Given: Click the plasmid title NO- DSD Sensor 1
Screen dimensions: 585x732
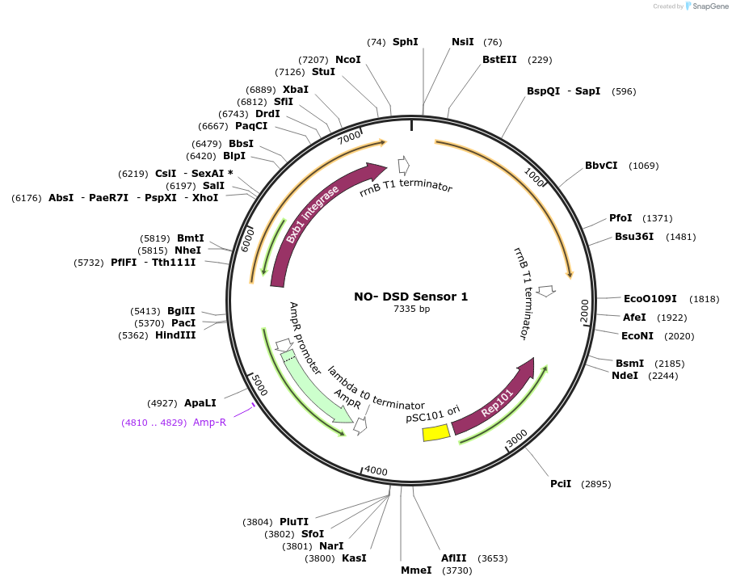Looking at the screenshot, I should pyautogui.click(x=410, y=297).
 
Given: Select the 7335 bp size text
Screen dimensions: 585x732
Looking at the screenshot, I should pyautogui.click(x=411, y=309).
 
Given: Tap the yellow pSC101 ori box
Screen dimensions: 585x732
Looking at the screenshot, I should pyautogui.click(x=436, y=433).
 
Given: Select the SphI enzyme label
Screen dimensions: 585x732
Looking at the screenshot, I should pyautogui.click(x=405, y=41).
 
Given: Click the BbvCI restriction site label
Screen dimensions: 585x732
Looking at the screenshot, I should pyautogui.click(x=601, y=166).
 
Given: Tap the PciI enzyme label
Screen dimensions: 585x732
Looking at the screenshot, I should pyautogui.click(x=561, y=484).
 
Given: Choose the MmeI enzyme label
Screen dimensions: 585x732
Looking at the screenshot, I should pyautogui.click(x=416, y=570).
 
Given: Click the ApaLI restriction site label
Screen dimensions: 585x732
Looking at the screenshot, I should pyautogui.click(x=200, y=402).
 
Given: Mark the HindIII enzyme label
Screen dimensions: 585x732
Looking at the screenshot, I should pyautogui.click(x=175, y=335).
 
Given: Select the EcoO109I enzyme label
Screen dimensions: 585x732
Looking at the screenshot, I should pyautogui.click(x=650, y=299).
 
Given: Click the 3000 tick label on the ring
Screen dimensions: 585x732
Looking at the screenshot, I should pyautogui.click(x=516, y=438).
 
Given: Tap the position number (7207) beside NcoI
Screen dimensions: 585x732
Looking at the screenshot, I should pyautogui.click(x=313, y=60).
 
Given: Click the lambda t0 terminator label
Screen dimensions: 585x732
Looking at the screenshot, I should pyautogui.click(x=376, y=388).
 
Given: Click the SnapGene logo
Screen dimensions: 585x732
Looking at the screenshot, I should pyautogui.click(x=705, y=6).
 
